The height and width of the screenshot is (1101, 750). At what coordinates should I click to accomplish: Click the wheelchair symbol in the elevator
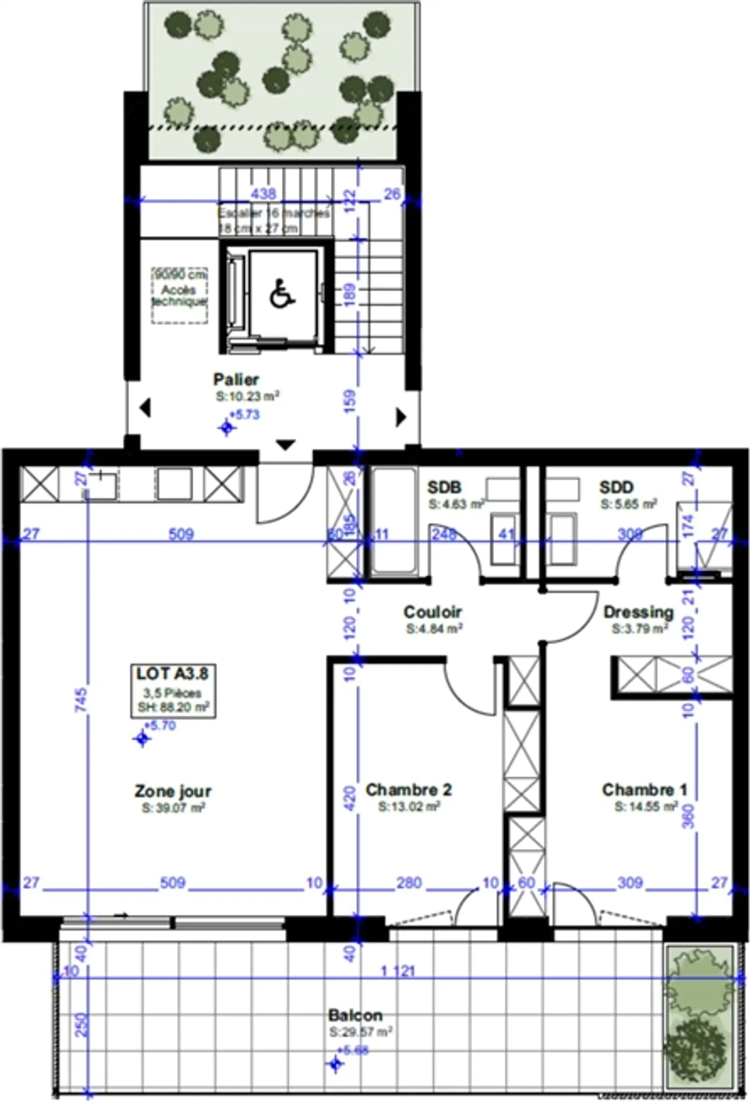tap(282, 294)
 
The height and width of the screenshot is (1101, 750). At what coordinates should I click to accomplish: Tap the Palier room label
tap(236, 379)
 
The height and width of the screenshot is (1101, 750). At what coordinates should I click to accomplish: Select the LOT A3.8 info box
tap(173, 690)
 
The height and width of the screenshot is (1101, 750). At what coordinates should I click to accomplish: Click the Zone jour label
tap(173, 792)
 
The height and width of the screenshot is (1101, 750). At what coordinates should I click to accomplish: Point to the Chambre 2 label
tap(409, 790)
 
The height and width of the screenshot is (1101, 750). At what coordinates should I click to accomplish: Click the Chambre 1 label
tap(645, 790)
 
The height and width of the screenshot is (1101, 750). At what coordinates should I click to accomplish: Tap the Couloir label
tap(433, 612)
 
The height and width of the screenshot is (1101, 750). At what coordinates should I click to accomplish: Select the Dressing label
tap(639, 612)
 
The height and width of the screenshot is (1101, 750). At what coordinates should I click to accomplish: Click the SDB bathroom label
tap(444, 487)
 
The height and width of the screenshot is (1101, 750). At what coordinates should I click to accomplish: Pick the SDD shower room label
tap(616, 487)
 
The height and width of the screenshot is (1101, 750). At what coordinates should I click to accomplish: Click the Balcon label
tap(356, 1015)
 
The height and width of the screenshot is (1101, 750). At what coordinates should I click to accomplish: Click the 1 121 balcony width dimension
tap(398, 971)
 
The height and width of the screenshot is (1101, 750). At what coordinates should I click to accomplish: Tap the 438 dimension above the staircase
tap(264, 194)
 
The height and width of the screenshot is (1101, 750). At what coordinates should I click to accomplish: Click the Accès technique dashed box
tap(179, 296)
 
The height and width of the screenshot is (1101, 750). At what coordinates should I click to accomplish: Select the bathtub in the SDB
tap(394, 522)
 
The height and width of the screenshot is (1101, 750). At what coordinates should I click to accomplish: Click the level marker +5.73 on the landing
tap(228, 428)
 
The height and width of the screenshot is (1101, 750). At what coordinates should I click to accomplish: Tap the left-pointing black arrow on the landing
tap(145, 408)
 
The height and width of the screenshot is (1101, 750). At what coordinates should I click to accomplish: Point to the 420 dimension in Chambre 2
tap(350, 798)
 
